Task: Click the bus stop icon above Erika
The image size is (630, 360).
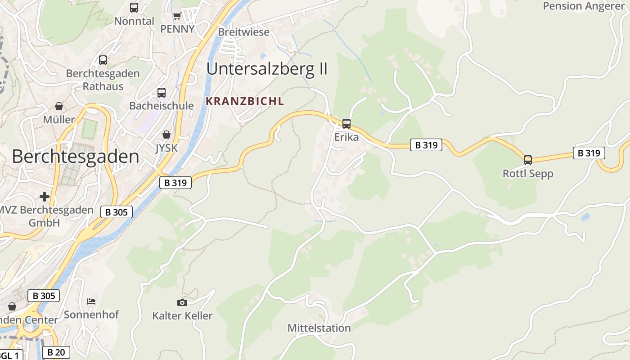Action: pyautogui.click(x=346, y=123)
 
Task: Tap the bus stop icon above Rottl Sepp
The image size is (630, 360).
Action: pyautogui.click(x=527, y=160)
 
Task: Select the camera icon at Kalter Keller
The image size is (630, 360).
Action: pyautogui.click(x=182, y=302)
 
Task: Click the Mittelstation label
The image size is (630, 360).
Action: pyautogui.click(x=319, y=328)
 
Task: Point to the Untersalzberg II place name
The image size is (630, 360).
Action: pyautogui.click(x=267, y=69)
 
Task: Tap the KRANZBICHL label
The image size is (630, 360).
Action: pyautogui.click(x=245, y=102)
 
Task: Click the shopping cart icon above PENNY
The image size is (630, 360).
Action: pyautogui.click(x=177, y=16)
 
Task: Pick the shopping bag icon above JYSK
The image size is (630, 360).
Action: pyautogui.click(x=166, y=135)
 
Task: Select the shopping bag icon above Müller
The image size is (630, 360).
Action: pyautogui.click(x=59, y=106)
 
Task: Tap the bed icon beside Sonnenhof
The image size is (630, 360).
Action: pyautogui.click(x=91, y=301)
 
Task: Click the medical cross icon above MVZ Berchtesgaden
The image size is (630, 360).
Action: pyautogui.click(x=45, y=197)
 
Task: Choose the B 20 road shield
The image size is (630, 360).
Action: pyautogui.click(x=56, y=352)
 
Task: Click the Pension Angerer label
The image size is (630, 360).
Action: pyautogui.click(x=584, y=6)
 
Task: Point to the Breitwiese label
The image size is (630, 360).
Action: pyautogui.click(x=244, y=32)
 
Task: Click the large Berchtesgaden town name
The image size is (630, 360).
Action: pyautogui.click(x=76, y=157)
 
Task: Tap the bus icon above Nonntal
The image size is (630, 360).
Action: pyautogui.click(x=134, y=8)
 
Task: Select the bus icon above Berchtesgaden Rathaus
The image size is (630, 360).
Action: pyautogui.click(x=103, y=60)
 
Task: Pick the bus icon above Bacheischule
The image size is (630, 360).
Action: pyautogui.click(x=162, y=93)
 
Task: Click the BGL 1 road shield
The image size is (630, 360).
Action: pyautogui.click(x=10, y=355)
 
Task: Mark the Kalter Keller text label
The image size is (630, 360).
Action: pyautogui.click(x=182, y=316)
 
